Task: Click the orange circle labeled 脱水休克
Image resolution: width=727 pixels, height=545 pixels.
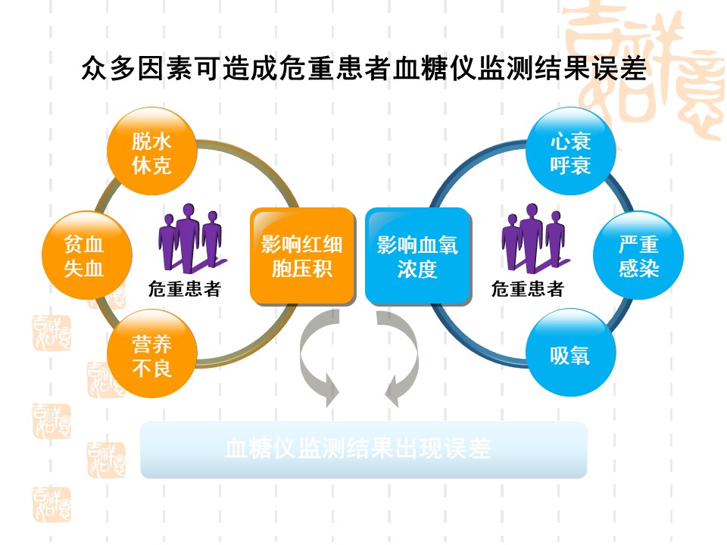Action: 152,152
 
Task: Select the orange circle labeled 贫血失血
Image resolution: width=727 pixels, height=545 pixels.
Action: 84,256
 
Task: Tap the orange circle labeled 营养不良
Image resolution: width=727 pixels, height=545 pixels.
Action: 152,356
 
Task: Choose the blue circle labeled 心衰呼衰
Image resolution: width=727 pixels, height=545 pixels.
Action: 570,152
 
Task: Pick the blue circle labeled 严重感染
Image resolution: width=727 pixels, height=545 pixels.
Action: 638,256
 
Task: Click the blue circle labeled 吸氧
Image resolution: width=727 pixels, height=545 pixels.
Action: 570,354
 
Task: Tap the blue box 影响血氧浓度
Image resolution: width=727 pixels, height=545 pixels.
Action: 417,256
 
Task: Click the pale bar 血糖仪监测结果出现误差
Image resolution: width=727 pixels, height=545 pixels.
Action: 363,450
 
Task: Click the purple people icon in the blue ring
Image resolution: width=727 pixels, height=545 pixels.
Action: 533,238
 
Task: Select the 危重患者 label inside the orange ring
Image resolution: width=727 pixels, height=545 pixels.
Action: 184,288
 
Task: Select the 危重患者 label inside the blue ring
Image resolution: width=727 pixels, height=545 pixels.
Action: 527,288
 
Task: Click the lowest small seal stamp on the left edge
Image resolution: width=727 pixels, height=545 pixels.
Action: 51,504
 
